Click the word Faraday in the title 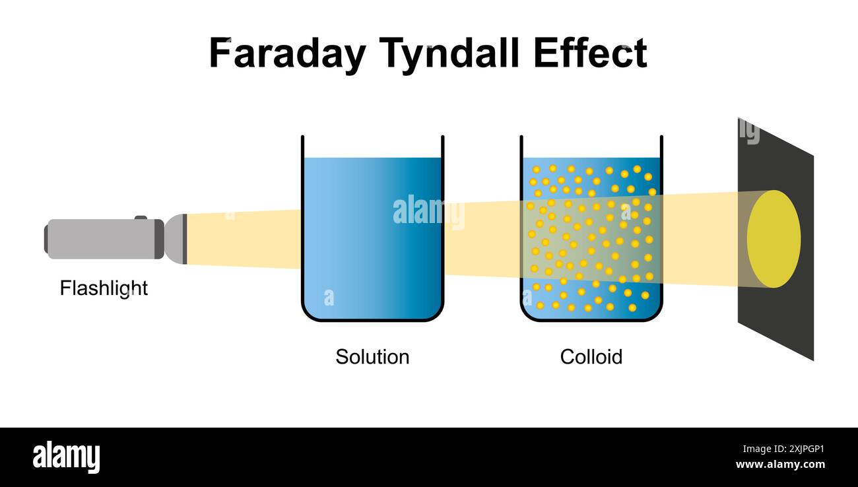click(x=286, y=53)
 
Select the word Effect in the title click(x=590, y=53)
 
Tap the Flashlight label click(x=104, y=288)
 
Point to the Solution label click(x=372, y=357)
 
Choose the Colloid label click(x=591, y=357)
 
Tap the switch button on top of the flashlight click(x=141, y=217)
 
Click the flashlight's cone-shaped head click(x=176, y=238)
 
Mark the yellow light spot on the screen click(x=774, y=239)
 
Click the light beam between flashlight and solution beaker click(x=244, y=239)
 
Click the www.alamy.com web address click(x=779, y=465)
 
